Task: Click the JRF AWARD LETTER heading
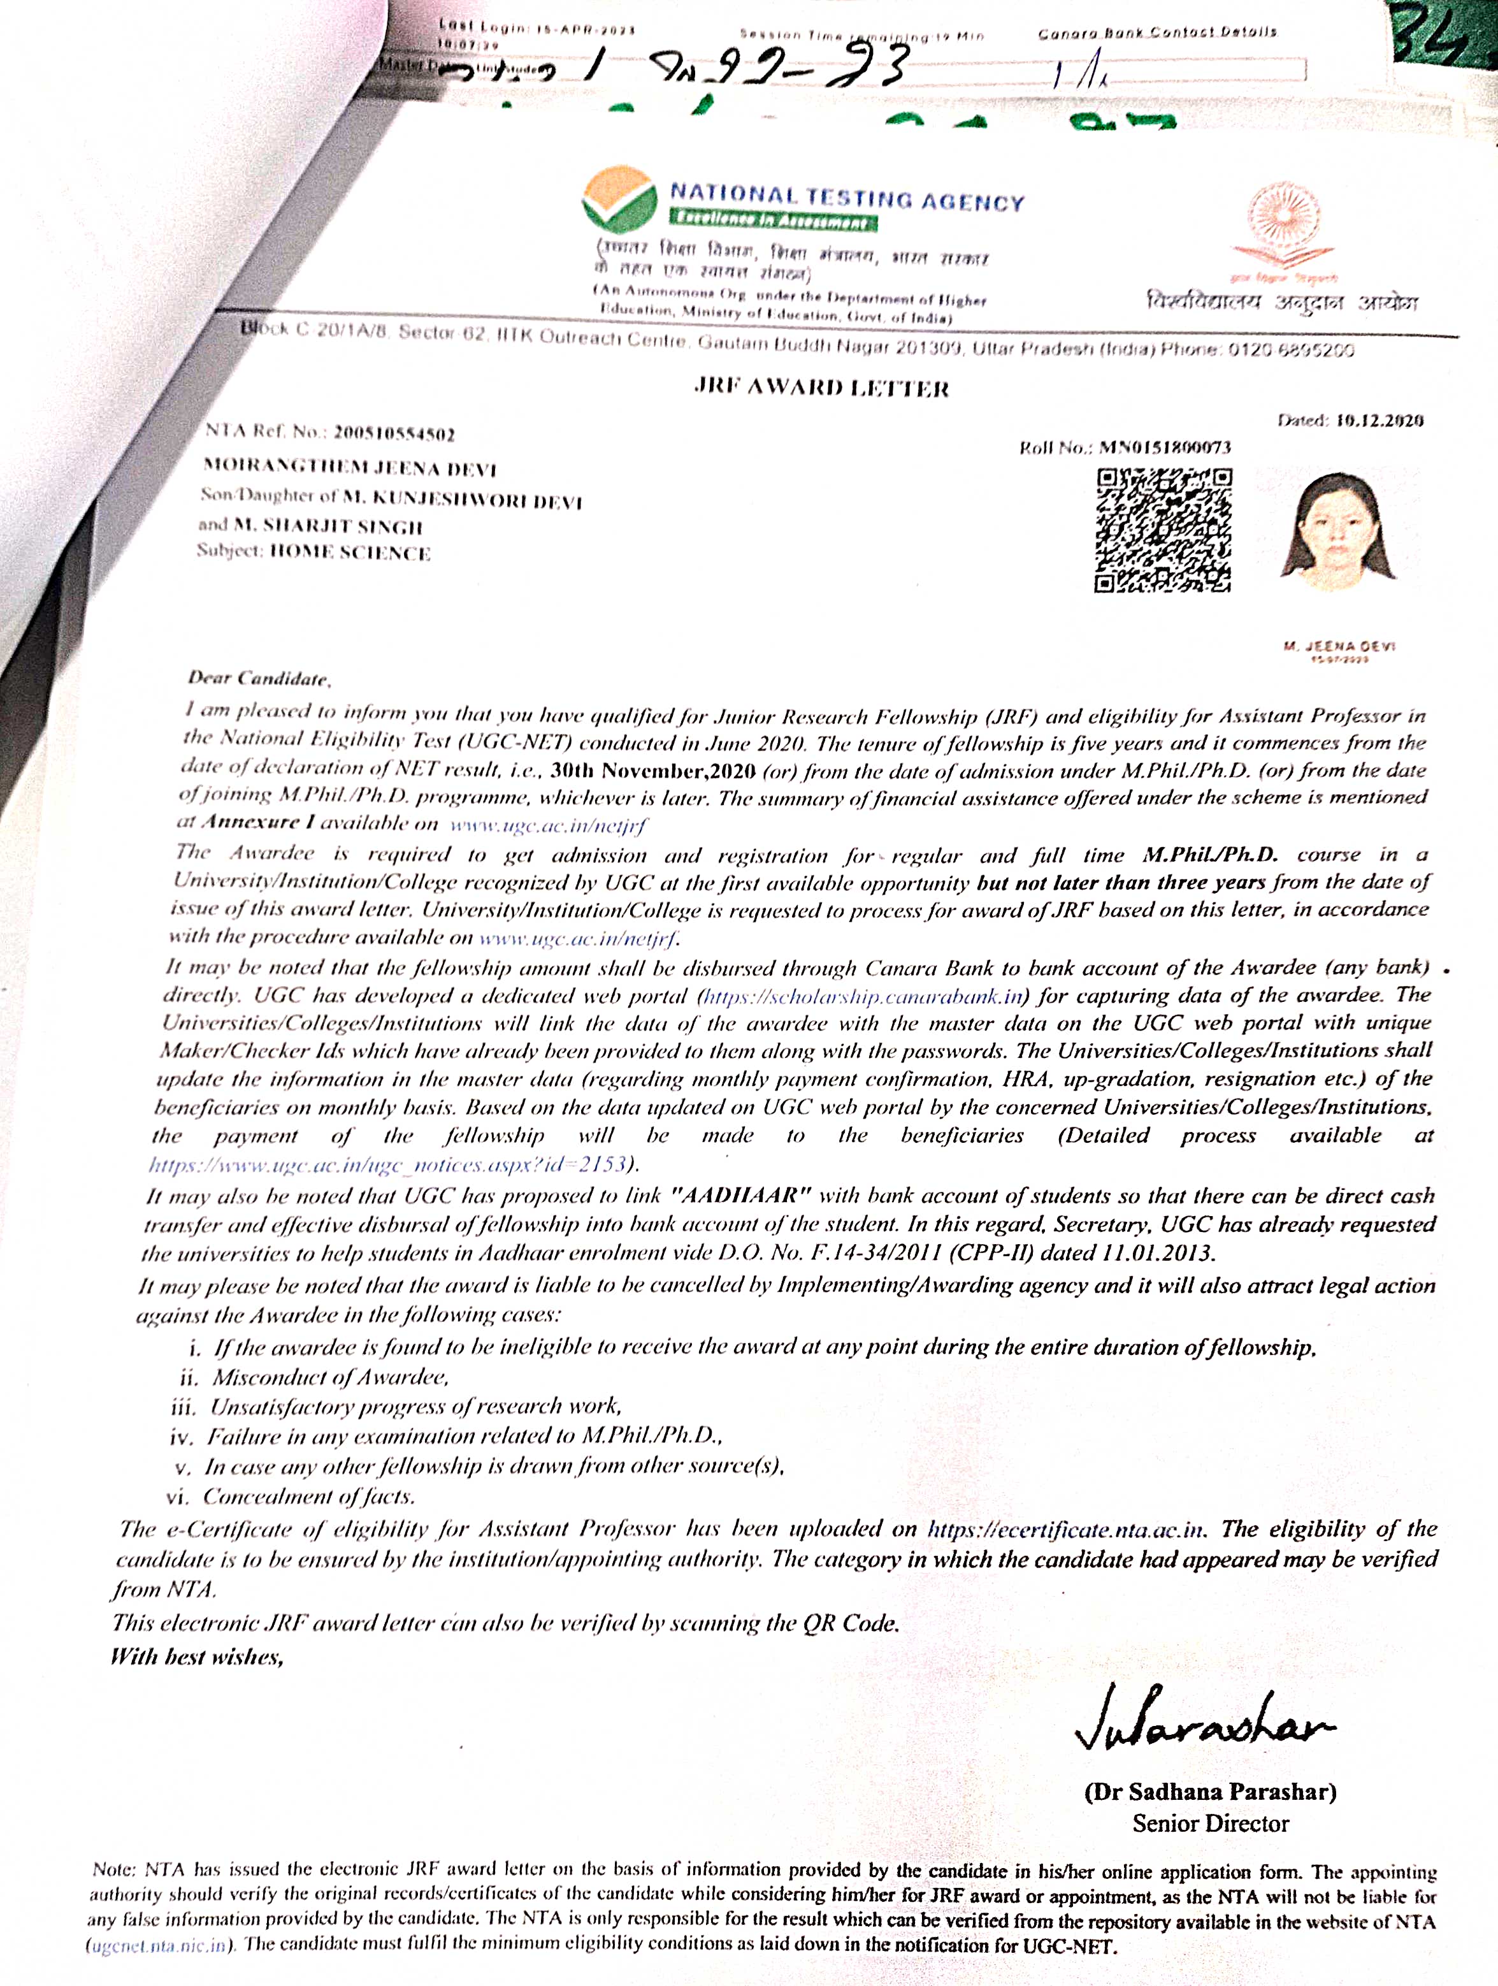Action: point(821,388)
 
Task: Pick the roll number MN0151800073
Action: point(1165,447)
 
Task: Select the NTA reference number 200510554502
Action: point(393,433)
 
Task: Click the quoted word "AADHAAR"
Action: point(742,1195)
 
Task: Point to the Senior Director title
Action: point(1210,1823)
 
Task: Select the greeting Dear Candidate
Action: point(259,678)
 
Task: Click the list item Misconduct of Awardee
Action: point(330,1377)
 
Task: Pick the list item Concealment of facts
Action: point(309,1496)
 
